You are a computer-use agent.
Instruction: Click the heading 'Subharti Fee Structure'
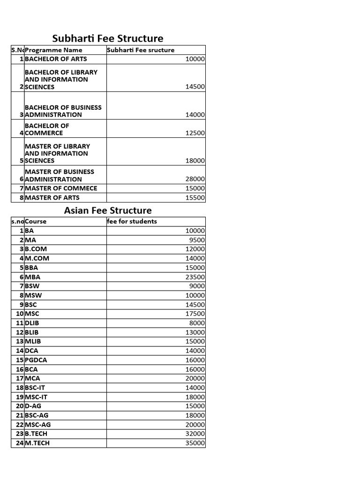[107, 38]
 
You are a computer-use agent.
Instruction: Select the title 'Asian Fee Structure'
[108, 210]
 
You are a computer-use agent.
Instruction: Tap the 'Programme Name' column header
[53, 50]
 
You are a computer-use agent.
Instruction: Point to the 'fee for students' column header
[132, 221]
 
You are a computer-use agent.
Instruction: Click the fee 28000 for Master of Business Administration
[195, 179]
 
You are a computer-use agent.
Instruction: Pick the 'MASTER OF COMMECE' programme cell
[61, 188]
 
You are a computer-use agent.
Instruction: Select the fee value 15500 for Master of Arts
[195, 198]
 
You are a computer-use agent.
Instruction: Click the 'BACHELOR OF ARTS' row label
[56, 59]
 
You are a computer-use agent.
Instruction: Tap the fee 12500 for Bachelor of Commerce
[195, 133]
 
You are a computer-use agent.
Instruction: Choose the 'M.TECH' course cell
[37, 443]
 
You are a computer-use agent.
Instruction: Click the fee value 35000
[195, 443]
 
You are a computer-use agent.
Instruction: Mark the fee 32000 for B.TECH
[195, 434]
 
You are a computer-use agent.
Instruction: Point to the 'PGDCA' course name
[36, 360]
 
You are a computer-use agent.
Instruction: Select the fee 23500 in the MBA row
[195, 277]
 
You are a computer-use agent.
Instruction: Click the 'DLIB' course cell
[32, 323]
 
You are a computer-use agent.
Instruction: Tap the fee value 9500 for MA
[197, 240]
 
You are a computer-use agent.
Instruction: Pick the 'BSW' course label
[32, 286]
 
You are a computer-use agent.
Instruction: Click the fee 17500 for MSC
[195, 314]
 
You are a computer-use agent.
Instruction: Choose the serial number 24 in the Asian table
[19, 443]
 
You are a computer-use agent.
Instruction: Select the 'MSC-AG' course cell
[38, 425]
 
